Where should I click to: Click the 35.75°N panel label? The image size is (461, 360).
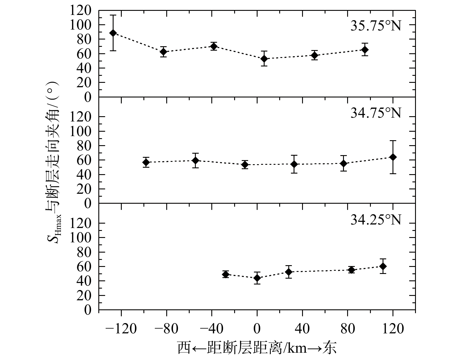pyautogui.click(x=376, y=26)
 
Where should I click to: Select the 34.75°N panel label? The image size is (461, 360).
pyautogui.click(x=376, y=113)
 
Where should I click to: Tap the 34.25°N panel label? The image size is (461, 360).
pyautogui.click(x=376, y=220)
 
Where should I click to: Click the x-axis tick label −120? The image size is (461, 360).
pyautogui.click(x=121, y=329)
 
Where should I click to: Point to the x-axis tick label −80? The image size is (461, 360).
pyautogui.click(x=166, y=329)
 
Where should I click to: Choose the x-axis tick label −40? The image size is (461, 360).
pyautogui.click(x=211, y=329)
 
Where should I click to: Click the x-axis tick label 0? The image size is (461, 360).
pyautogui.click(x=257, y=329)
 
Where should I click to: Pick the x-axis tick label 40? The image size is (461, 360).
pyautogui.click(x=302, y=329)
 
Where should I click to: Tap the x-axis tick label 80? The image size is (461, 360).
pyautogui.click(x=347, y=329)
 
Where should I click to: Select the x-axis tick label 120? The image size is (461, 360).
pyautogui.click(x=393, y=329)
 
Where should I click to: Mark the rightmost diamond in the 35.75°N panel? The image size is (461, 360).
pyautogui.click(x=365, y=50)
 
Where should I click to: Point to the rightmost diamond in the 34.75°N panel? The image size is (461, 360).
pyautogui.click(x=393, y=157)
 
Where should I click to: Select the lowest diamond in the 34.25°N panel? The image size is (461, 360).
pyautogui.click(x=257, y=278)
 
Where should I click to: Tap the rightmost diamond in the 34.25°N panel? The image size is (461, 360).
pyautogui.click(x=383, y=266)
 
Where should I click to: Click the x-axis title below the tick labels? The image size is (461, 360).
pyautogui.click(x=257, y=348)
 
